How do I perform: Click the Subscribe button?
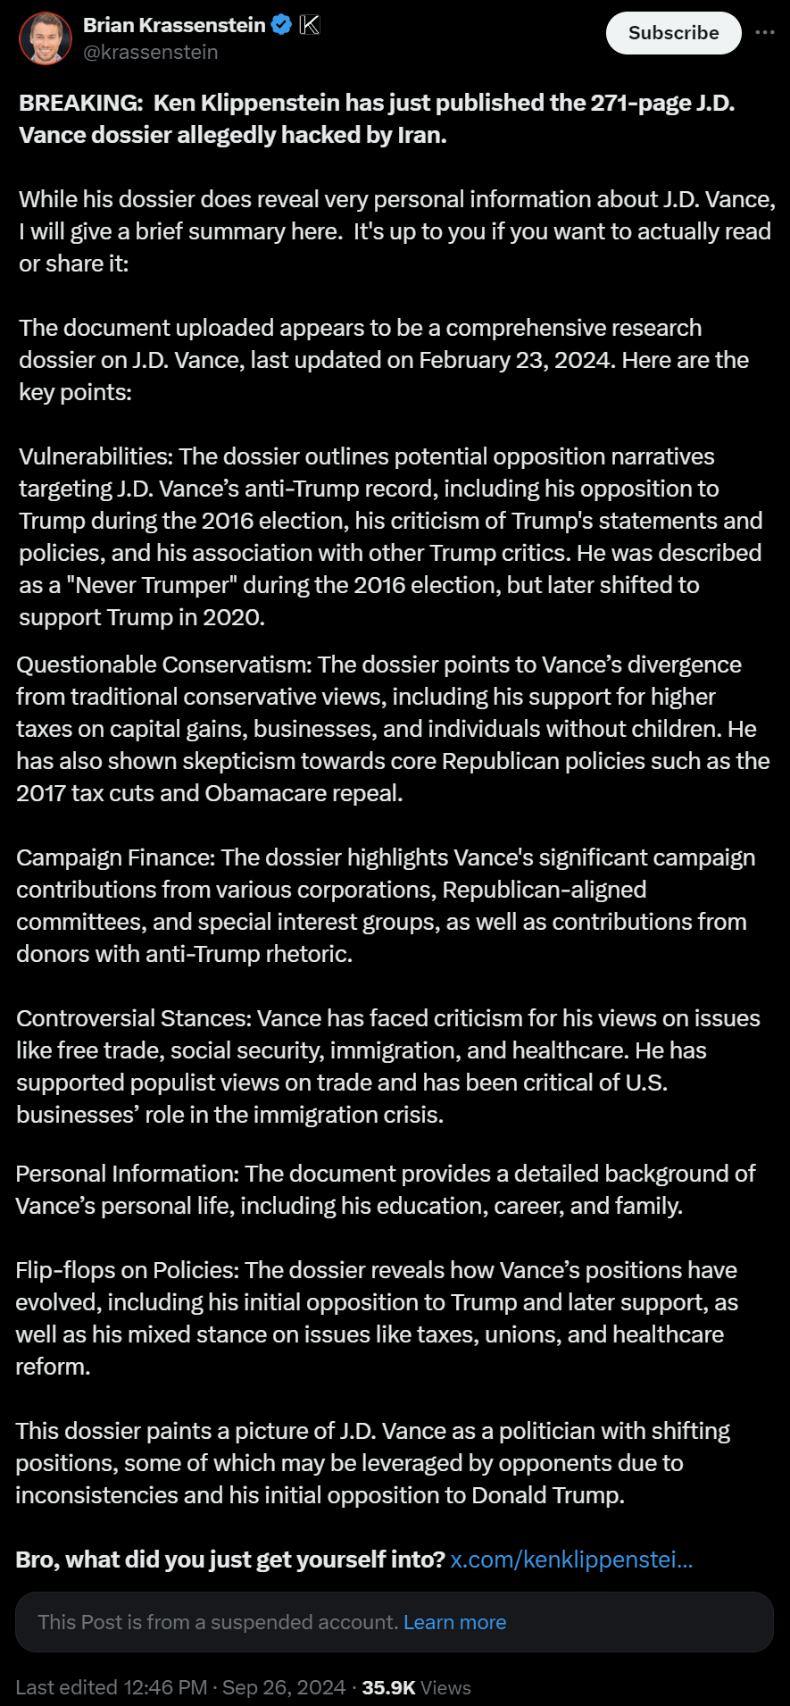[x=673, y=33]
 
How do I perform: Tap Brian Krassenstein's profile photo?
[x=46, y=38]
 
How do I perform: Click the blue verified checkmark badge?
[x=281, y=25]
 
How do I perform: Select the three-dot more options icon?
[x=765, y=32]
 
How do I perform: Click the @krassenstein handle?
[x=150, y=53]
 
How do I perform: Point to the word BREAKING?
[x=80, y=103]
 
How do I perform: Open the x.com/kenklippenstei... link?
[x=571, y=1560]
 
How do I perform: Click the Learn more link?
[x=454, y=1622]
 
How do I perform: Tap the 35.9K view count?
[x=388, y=1687]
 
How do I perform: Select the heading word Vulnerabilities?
[x=96, y=456]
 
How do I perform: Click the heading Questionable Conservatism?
[x=163, y=665]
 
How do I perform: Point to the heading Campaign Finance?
[x=115, y=857]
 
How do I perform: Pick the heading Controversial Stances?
[x=133, y=1018]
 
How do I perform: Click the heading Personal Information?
[x=127, y=1174]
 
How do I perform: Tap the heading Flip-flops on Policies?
[x=127, y=1270]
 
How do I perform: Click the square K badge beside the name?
[x=309, y=25]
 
